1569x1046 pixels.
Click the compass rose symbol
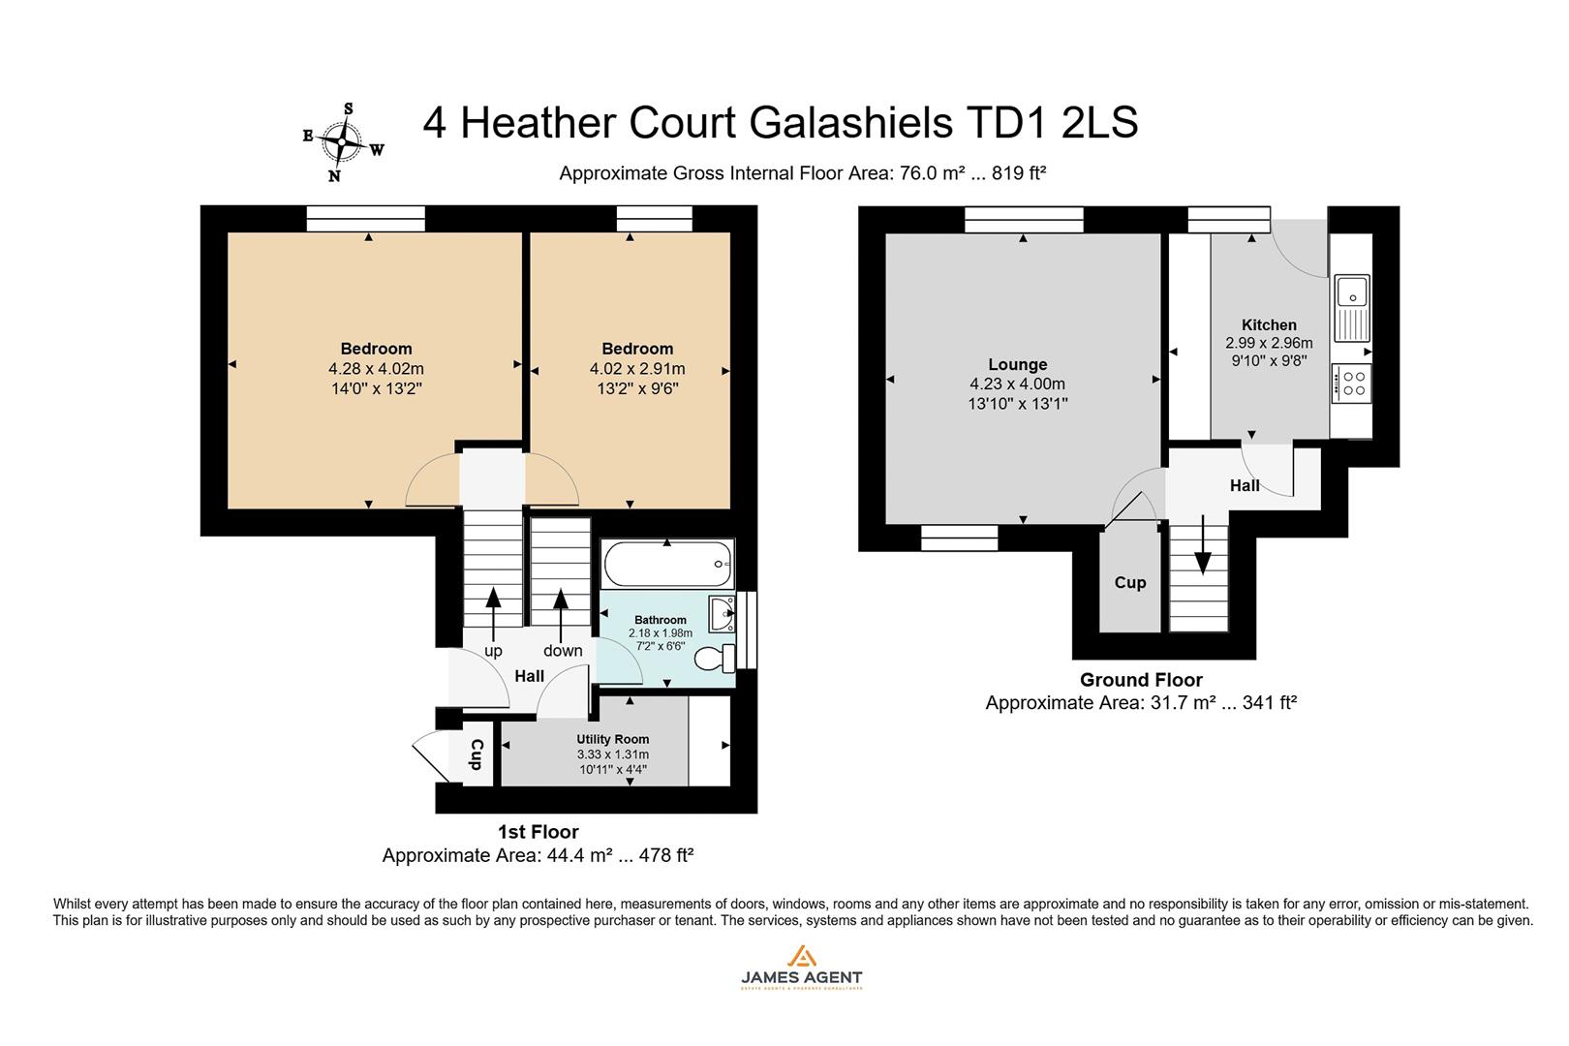pyautogui.click(x=342, y=141)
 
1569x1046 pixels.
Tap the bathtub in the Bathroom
pyautogui.click(x=666, y=563)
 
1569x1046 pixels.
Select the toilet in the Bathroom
pyautogui.click(x=715, y=659)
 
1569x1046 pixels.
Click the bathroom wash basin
pyautogui.click(x=723, y=613)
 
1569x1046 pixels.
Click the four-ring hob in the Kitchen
pyautogui.click(x=1351, y=384)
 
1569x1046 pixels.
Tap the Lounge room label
pyautogui.click(x=1017, y=364)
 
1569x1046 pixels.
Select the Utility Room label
pyautogui.click(x=612, y=739)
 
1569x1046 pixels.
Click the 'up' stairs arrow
pyautogui.click(x=493, y=609)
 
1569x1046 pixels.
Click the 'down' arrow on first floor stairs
pyautogui.click(x=561, y=609)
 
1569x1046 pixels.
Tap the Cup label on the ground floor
pyautogui.click(x=1129, y=582)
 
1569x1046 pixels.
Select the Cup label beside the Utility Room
pyautogui.click(x=477, y=754)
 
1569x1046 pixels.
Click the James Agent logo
pyautogui.click(x=800, y=967)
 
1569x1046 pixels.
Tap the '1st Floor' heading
pyautogui.click(x=538, y=831)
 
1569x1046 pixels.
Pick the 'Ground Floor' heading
pyautogui.click(x=1140, y=679)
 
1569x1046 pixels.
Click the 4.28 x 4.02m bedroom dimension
pyautogui.click(x=376, y=369)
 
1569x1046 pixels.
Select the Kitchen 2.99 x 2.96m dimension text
pyautogui.click(x=1269, y=343)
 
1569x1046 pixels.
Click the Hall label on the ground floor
pyautogui.click(x=1244, y=485)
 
